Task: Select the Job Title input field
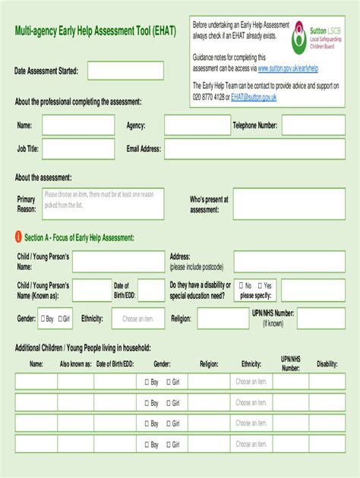click(77, 149)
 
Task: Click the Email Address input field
click(196, 149)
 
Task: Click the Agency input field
click(197, 125)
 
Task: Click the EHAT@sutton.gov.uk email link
click(254, 97)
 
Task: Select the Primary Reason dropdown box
click(103, 204)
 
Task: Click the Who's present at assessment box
click(289, 204)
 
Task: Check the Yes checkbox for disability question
click(261, 286)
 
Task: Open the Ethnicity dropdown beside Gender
click(137, 319)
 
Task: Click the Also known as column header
click(76, 364)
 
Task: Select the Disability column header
click(327, 364)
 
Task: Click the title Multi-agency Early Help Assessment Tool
click(95, 32)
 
